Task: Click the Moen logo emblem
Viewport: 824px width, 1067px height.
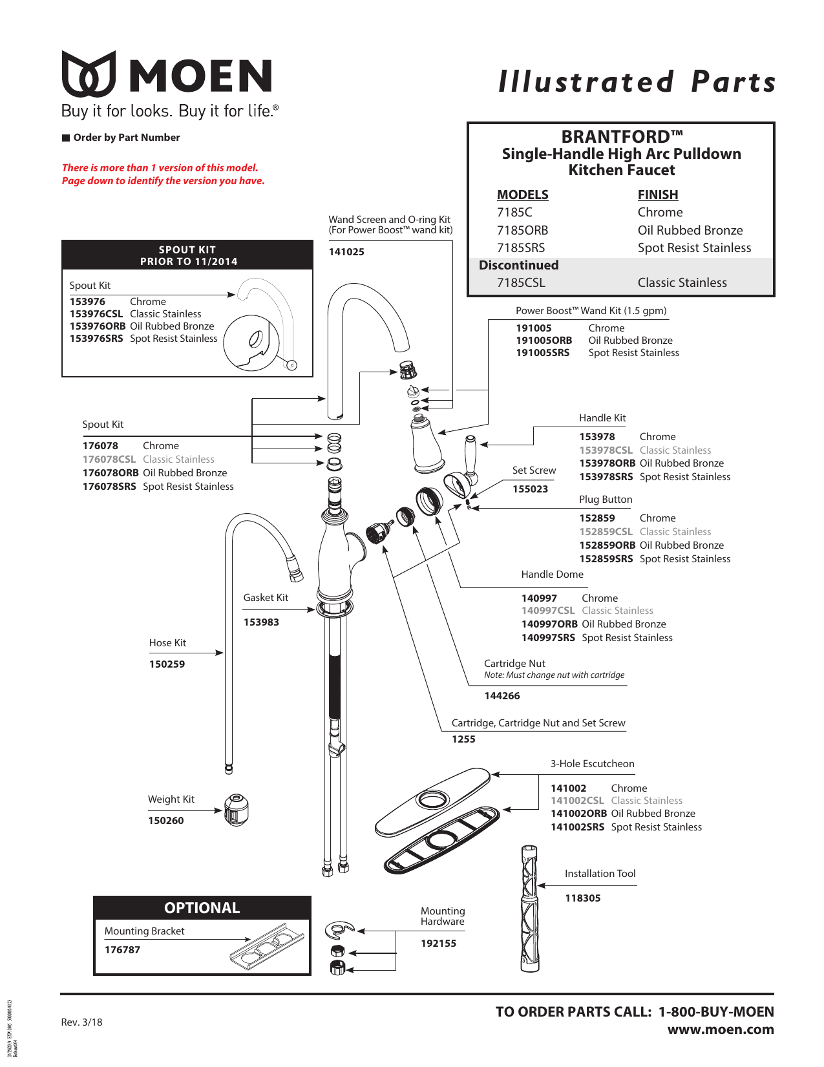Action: pos(89,74)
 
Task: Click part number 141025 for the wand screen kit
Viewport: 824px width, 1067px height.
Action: pos(346,252)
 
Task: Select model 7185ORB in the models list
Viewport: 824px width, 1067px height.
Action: pos(522,230)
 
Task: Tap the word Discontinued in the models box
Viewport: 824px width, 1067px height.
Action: pos(518,265)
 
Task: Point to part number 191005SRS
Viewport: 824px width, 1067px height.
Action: pos(542,353)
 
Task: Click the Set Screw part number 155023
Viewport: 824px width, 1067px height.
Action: pos(530,489)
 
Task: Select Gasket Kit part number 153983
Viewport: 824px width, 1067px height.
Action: pos(261,622)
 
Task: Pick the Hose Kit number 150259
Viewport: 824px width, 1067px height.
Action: pos(167,664)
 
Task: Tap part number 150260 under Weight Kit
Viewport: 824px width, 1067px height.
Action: pos(165,821)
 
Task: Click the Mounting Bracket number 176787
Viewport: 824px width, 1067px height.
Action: pos(122,950)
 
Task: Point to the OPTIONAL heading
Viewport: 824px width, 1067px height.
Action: pos(202,908)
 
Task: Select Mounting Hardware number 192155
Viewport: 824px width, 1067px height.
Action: pos(438,944)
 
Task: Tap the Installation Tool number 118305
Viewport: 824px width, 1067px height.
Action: pos(582,898)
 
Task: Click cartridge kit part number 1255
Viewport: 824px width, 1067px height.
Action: pos(463,739)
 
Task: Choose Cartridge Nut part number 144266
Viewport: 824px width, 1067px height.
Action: pos(502,696)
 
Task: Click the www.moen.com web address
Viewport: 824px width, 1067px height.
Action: pos(720,1030)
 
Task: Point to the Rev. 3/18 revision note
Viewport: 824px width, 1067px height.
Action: pos(81,1022)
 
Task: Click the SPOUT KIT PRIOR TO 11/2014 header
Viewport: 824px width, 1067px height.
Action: pos(188,255)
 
